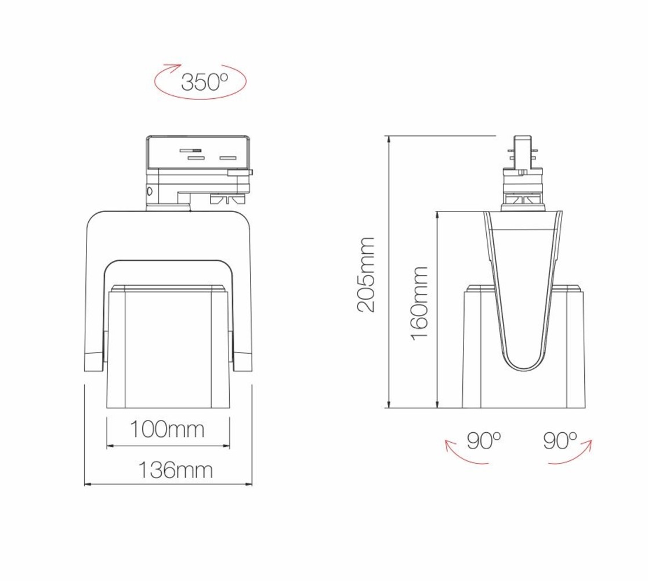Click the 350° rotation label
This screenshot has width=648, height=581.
(x=204, y=82)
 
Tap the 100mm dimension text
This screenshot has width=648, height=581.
(x=166, y=430)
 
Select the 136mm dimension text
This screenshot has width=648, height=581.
(x=175, y=470)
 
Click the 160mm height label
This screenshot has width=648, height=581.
(x=420, y=303)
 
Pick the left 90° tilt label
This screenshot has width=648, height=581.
(x=483, y=441)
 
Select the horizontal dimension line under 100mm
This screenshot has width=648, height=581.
(x=168, y=446)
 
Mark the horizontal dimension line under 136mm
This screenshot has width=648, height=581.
(x=168, y=483)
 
